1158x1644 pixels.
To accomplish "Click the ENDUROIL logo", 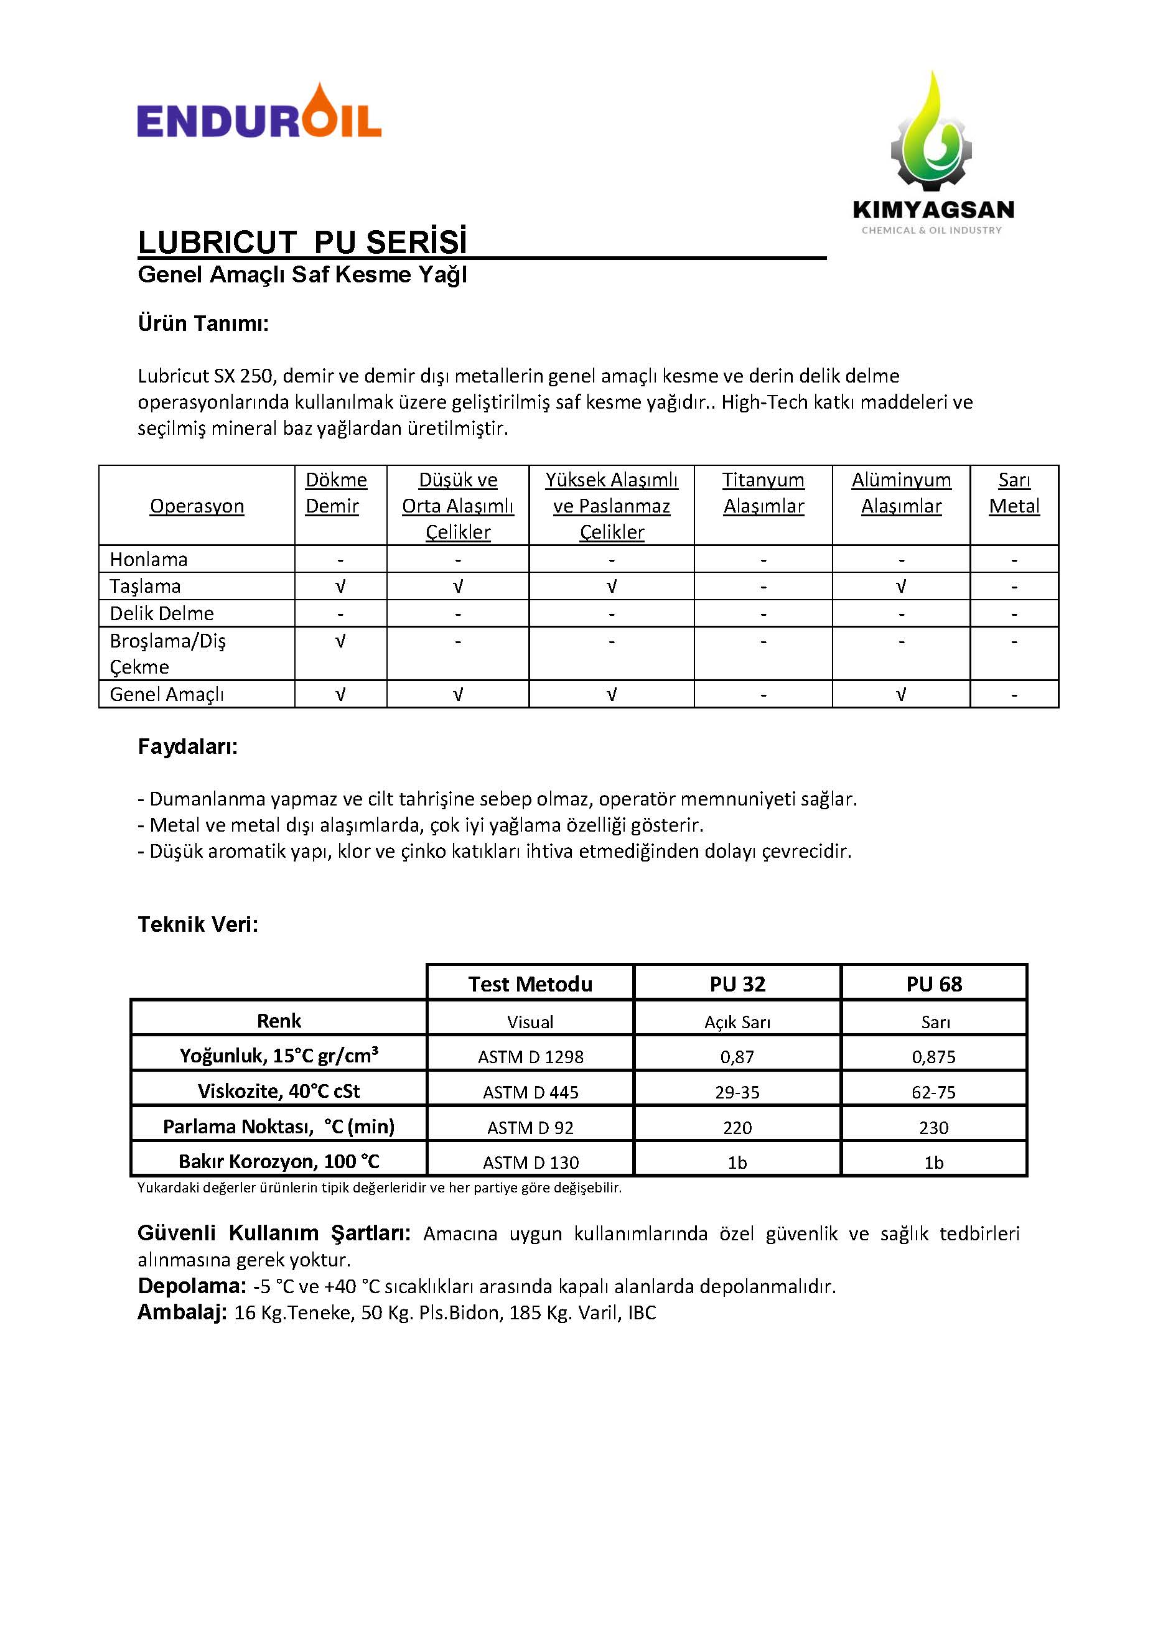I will click(259, 113).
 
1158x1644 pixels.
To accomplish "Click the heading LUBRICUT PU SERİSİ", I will click(302, 242).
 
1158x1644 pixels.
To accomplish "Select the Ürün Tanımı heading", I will click(203, 323).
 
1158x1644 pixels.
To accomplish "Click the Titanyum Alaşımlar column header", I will click(763, 493).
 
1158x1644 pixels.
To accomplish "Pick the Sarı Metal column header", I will click(1014, 493).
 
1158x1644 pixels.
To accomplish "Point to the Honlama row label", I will click(148, 559).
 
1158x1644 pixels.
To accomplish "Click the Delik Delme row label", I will click(161, 614).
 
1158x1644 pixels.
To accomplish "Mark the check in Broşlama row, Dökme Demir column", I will click(340, 641).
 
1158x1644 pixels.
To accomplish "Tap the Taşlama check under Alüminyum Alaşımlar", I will click(901, 587).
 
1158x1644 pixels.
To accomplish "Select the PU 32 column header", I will click(737, 984).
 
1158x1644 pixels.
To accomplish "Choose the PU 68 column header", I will click(934, 984).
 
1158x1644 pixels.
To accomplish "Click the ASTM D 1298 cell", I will click(530, 1057).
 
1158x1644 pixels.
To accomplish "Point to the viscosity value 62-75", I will click(934, 1092).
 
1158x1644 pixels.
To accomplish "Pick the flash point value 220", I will click(737, 1128).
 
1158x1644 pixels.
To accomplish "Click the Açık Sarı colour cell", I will click(737, 1022).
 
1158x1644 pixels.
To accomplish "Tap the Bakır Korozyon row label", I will click(279, 1161).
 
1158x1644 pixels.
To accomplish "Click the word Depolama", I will click(191, 1286).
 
